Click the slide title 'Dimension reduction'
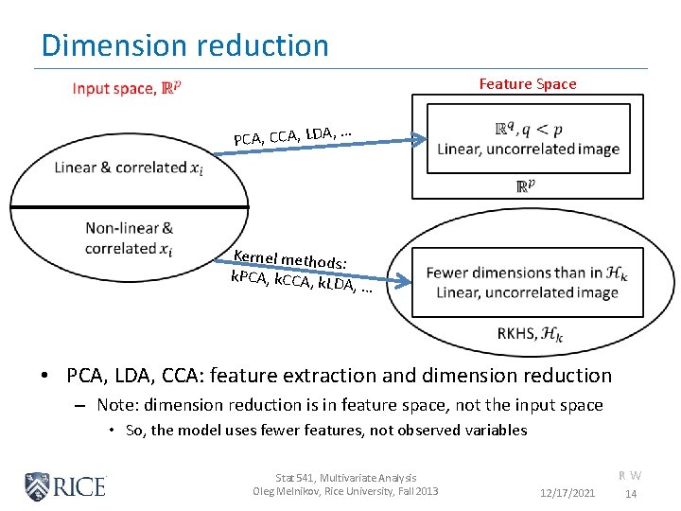click(x=184, y=45)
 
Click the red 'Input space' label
click(x=127, y=88)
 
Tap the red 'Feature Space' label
click(x=527, y=84)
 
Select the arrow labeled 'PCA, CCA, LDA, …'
click(x=378, y=141)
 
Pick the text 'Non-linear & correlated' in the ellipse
click(x=129, y=238)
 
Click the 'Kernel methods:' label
click(x=290, y=257)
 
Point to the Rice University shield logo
click(x=37, y=486)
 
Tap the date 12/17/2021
click(x=567, y=494)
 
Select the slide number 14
click(x=631, y=494)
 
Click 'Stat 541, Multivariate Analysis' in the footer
click(x=345, y=478)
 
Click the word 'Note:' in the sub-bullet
click(x=118, y=405)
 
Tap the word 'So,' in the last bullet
click(x=136, y=431)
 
